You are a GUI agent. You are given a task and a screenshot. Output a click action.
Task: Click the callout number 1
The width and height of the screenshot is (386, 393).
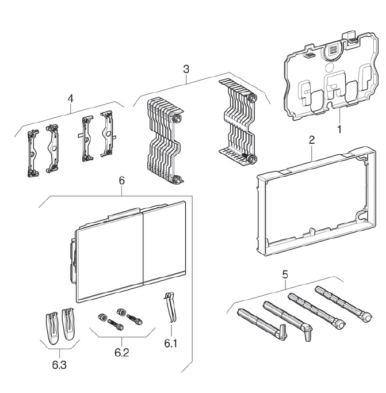339,129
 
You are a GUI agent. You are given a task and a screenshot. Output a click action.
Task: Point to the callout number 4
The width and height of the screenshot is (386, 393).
70,98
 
